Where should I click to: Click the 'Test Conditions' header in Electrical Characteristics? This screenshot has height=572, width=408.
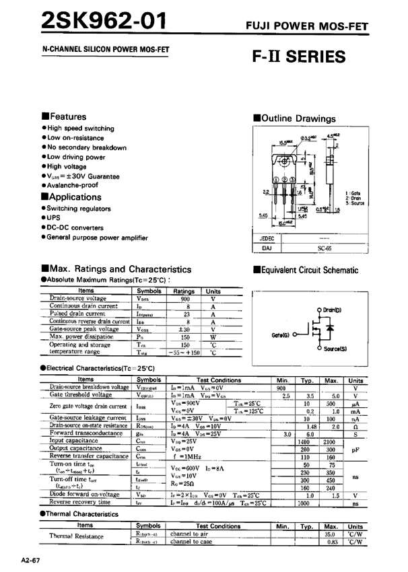tap(218, 380)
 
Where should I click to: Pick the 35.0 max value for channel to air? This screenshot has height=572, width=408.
tap(330, 534)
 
